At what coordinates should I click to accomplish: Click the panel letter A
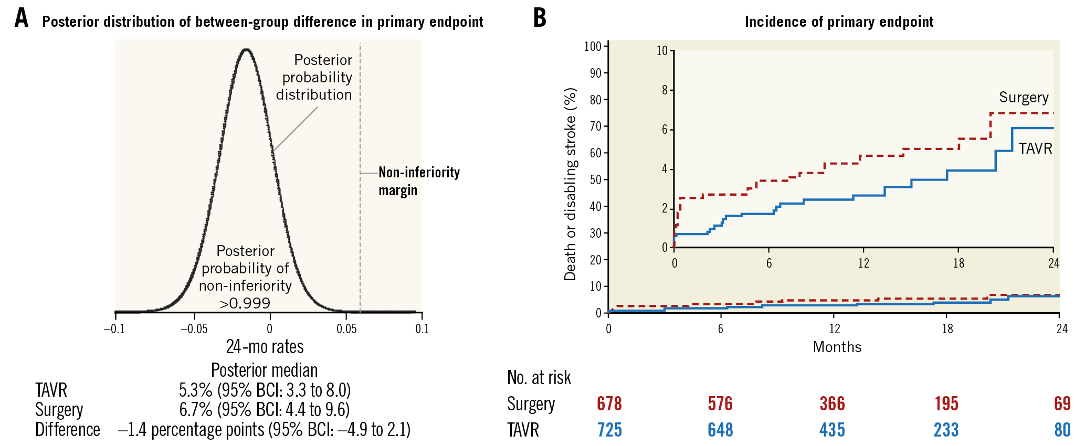(x=21, y=18)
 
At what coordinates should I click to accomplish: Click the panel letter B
(x=540, y=18)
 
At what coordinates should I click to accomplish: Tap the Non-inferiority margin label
(x=419, y=181)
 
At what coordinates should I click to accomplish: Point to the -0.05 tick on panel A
(x=194, y=329)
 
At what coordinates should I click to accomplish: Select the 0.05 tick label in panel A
(x=346, y=329)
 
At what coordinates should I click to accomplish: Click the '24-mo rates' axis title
(x=265, y=347)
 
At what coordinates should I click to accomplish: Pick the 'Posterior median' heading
(x=264, y=370)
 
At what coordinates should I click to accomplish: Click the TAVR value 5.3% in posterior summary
(x=195, y=390)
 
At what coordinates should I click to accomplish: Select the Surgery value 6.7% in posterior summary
(x=195, y=410)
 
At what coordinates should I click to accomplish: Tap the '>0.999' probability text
(x=245, y=303)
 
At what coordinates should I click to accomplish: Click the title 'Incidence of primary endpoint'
(x=839, y=22)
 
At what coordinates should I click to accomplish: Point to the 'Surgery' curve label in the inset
(x=1023, y=98)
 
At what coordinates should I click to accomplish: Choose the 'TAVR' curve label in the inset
(x=1035, y=149)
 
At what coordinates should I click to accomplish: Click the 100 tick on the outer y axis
(x=593, y=47)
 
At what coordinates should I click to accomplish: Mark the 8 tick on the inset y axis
(x=665, y=90)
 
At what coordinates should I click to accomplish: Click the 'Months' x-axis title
(x=837, y=347)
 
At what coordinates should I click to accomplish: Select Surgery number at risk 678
(x=609, y=404)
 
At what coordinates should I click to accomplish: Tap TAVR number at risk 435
(x=832, y=430)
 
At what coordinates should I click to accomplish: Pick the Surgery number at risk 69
(x=1062, y=404)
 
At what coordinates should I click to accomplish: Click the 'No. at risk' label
(x=539, y=378)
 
